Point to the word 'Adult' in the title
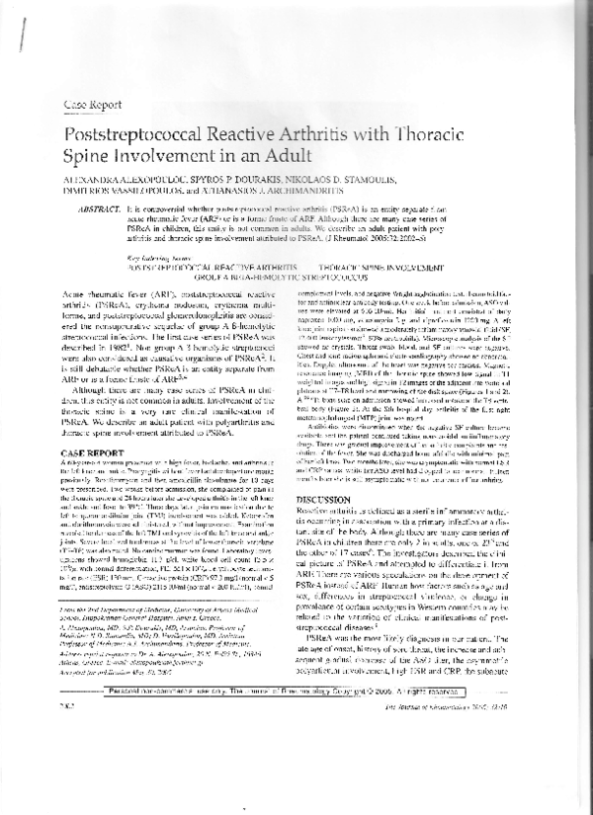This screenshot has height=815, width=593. tap(287, 157)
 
